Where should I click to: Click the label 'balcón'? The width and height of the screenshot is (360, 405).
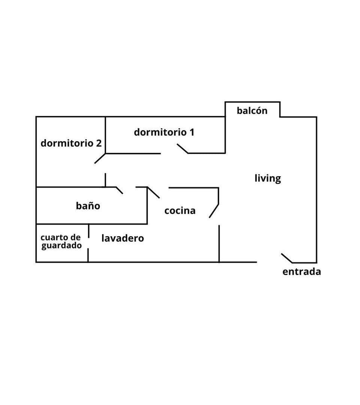[x=252, y=111]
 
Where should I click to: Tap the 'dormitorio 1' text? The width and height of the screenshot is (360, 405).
[x=164, y=132]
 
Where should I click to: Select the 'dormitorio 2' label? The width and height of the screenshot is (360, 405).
[x=71, y=143]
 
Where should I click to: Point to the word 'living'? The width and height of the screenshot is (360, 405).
[x=268, y=178]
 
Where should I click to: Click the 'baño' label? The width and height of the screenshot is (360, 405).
[x=88, y=206]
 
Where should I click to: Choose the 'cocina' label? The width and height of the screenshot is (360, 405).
[x=180, y=211]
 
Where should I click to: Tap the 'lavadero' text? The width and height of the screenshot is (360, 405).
[x=123, y=238]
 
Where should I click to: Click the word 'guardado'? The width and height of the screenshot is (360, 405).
[x=61, y=246]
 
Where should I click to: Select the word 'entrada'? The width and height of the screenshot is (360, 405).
[x=301, y=272]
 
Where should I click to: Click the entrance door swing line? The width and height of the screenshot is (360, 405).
[x=287, y=258]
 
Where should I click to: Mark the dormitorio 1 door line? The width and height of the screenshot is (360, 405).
[x=183, y=149]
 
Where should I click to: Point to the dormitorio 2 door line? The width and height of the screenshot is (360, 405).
[x=100, y=159]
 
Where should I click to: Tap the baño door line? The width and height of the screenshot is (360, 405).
[x=119, y=190]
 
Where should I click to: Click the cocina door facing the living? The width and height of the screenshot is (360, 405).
[x=214, y=211]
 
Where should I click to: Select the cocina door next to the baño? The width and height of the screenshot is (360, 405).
[x=153, y=192]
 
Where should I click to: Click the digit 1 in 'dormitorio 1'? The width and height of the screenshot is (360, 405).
[x=192, y=132]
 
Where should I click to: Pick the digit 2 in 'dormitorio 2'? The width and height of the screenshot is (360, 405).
[x=99, y=143]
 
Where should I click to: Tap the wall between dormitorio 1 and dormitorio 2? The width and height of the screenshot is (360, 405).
[x=105, y=135]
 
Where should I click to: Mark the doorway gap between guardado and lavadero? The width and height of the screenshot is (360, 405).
[x=88, y=243]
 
